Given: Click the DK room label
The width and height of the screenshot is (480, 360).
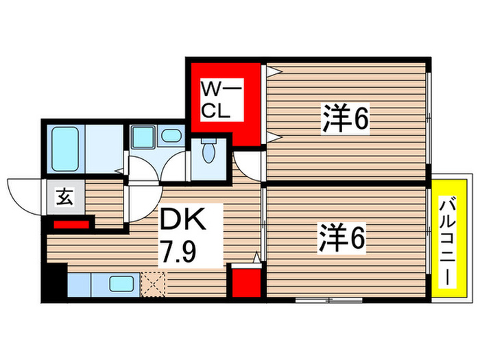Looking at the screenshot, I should coord(182,221).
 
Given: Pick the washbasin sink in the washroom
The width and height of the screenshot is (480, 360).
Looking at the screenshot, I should coord(143,137).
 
